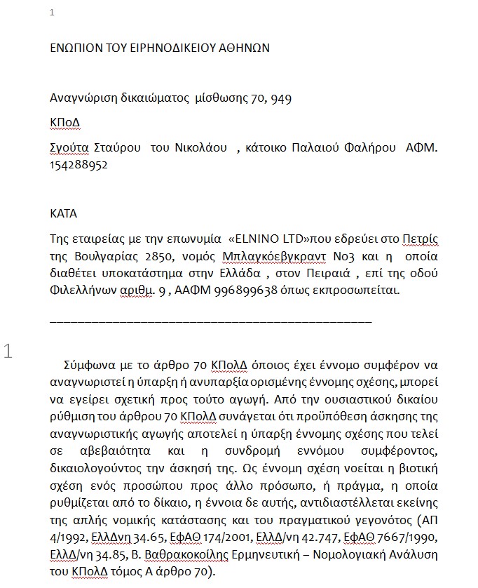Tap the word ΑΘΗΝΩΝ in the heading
(240, 48)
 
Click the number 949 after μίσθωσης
(281, 98)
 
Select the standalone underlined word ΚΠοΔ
(64, 122)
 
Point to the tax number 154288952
(78, 166)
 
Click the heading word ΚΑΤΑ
(64, 213)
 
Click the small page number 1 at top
(53, 13)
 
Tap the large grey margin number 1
(9, 351)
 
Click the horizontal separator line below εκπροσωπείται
(210, 321)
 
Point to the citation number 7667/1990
(407, 537)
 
